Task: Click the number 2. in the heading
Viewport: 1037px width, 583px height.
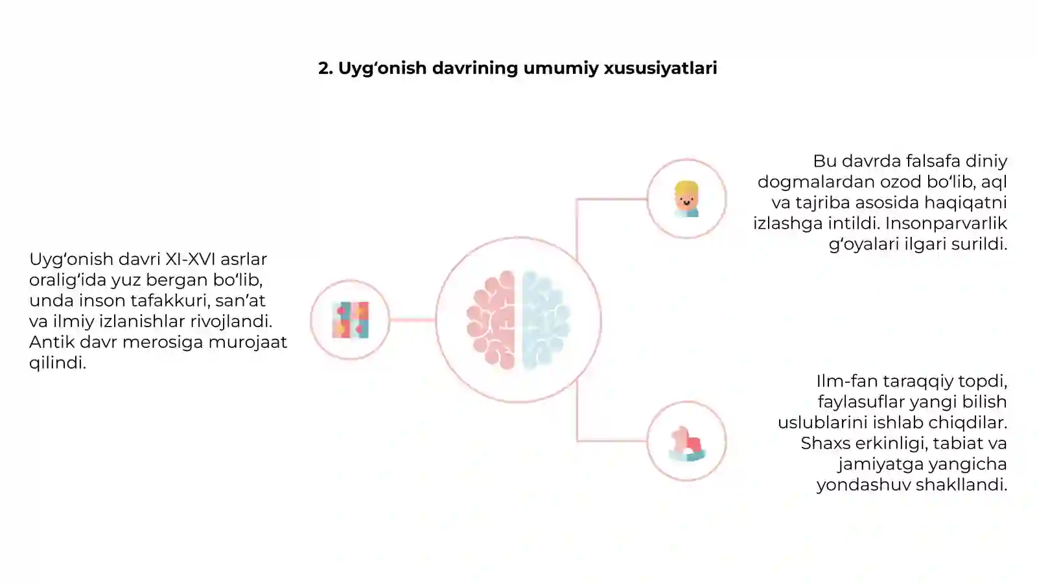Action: point(326,68)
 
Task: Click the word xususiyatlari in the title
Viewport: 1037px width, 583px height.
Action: point(660,68)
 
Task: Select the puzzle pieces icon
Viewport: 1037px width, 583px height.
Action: point(351,320)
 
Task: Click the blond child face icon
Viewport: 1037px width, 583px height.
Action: point(686,199)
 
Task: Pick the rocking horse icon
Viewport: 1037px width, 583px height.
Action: point(687,444)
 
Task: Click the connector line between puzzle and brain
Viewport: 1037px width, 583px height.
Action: point(412,320)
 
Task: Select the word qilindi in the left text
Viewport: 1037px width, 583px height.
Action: point(58,363)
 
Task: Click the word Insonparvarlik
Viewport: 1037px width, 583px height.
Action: point(946,223)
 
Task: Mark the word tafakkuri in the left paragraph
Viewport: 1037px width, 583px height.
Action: point(170,301)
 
